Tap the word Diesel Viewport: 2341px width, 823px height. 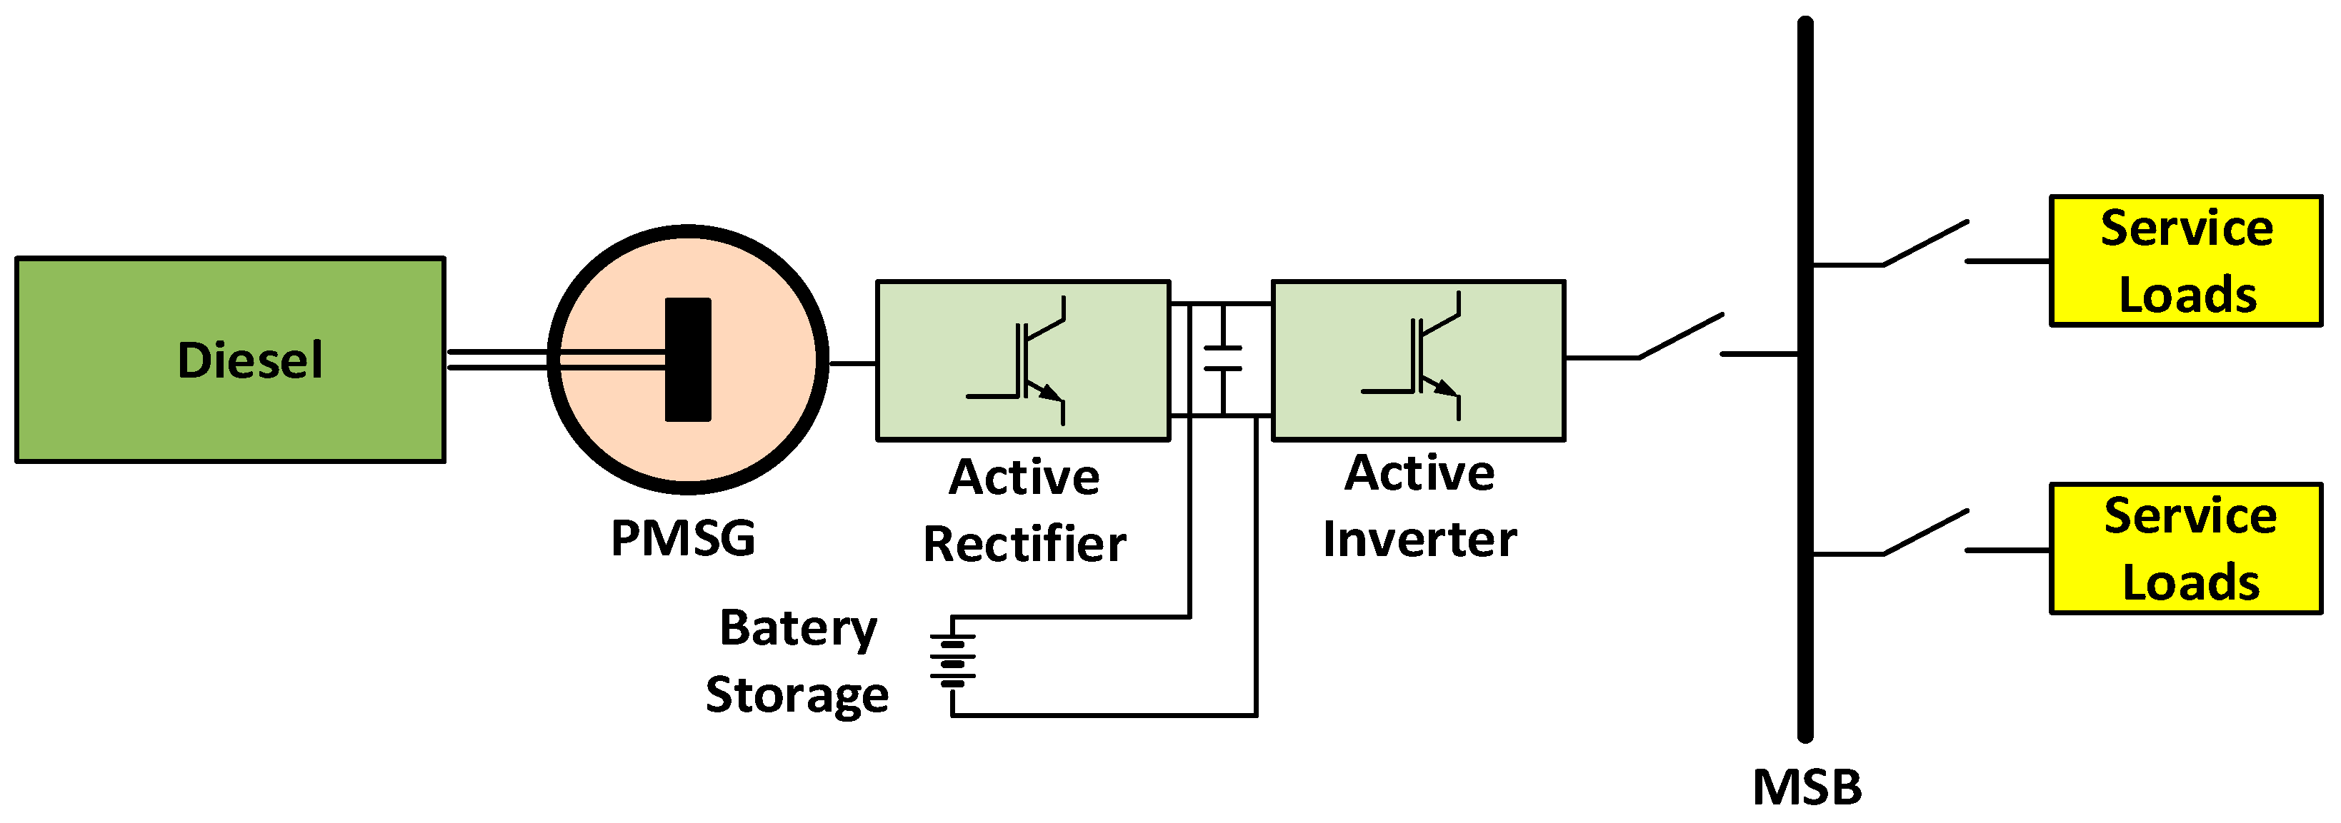tap(250, 360)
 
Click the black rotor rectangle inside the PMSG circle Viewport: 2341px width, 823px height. tap(688, 360)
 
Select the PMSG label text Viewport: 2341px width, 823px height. tap(682, 537)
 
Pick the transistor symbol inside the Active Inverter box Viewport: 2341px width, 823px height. tap(1422, 357)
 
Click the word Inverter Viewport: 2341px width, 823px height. tap(1419, 540)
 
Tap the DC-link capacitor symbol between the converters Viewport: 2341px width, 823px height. tap(1222, 359)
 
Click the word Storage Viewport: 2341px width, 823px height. tap(797, 696)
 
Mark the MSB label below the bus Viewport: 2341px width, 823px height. tap(1807, 787)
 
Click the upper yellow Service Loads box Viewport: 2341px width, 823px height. tap(2185, 261)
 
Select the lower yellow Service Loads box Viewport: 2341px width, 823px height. tap(2185, 550)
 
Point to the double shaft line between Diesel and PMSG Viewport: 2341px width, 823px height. tap(495, 360)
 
